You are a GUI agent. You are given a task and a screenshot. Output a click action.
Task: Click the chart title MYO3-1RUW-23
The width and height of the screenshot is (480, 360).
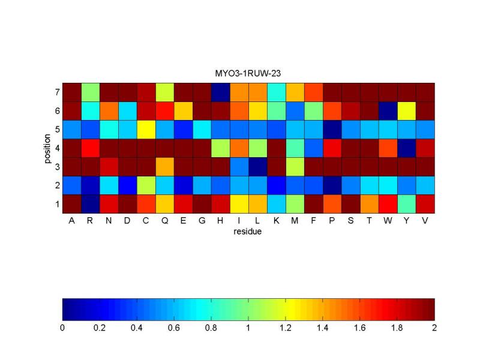coord(248,73)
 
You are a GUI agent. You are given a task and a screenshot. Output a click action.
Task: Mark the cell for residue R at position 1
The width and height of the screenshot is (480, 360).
coord(90,204)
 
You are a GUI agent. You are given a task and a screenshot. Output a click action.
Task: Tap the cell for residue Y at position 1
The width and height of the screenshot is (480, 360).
coord(406,204)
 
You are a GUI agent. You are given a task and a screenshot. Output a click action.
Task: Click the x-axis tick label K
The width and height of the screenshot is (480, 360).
coord(276,220)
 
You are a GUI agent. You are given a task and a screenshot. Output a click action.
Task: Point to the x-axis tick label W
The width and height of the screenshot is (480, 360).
coord(388,220)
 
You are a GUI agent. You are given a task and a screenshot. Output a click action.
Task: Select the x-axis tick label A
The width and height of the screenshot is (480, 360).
coord(71,220)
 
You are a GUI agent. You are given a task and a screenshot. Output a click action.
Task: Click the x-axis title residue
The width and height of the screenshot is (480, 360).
coord(248,230)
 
